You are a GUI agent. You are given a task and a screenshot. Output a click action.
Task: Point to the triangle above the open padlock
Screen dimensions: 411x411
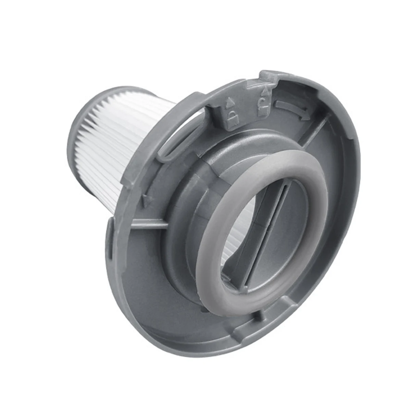[264, 92]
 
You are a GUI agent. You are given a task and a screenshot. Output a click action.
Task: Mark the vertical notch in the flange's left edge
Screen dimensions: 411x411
[110, 240]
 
